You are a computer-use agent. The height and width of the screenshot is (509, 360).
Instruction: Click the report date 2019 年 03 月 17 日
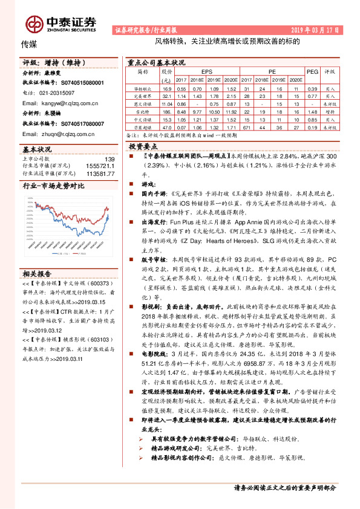[x=312, y=29]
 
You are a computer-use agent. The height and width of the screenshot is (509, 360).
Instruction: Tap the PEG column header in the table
[x=312, y=71]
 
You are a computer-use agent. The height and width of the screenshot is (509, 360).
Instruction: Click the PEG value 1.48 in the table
[x=312, y=111]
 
